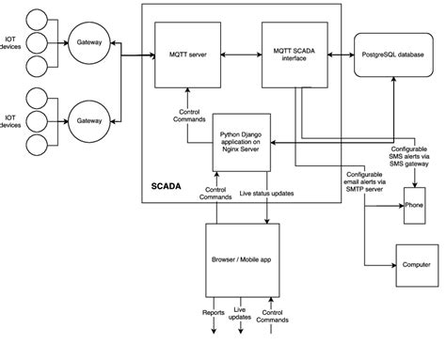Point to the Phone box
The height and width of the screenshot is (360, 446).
click(x=414, y=203)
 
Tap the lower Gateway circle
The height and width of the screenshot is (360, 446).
click(x=90, y=121)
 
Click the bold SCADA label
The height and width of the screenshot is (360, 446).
click(x=168, y=186)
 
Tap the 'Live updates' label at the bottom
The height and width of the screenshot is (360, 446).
click(x=240, y=315)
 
